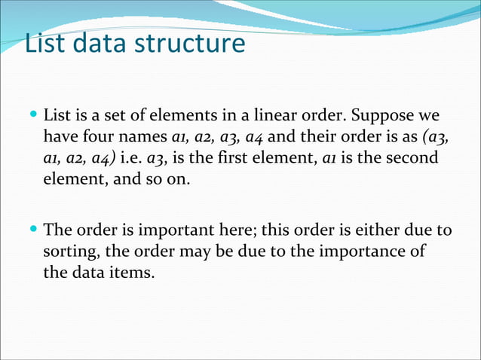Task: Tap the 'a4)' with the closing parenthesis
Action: point(103,160)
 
